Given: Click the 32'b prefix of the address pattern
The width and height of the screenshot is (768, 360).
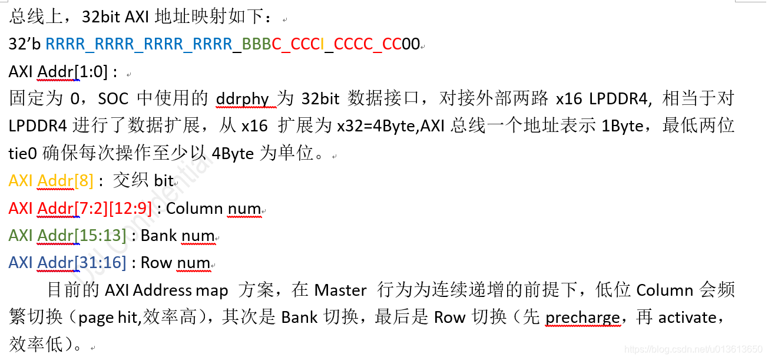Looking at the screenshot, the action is click(x=25, y=44).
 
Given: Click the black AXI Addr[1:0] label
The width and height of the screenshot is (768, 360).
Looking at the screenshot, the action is click(x=63, y=72).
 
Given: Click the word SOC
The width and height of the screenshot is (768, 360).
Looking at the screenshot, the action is click(x=112, y=98).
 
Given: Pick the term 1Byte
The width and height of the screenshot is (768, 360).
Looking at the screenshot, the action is click(x=623, y=126).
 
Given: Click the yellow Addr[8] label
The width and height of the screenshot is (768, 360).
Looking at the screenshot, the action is click(x=65, y=181).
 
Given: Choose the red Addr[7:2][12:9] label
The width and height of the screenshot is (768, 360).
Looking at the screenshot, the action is click(x=94, y=208).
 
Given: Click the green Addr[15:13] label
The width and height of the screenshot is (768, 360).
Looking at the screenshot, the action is click(x=81, y=236).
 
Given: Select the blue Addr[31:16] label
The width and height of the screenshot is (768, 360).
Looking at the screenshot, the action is click(x=81, y=263).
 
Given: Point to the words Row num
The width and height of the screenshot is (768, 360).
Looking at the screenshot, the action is click(x=176, y=263).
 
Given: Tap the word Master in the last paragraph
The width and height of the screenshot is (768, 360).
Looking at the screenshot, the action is click(x=340, y=290).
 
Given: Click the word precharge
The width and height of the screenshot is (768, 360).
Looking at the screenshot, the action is click(x=582, y=318).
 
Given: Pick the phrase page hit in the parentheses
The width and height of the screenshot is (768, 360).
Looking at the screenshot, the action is click(x=107, y=318).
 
